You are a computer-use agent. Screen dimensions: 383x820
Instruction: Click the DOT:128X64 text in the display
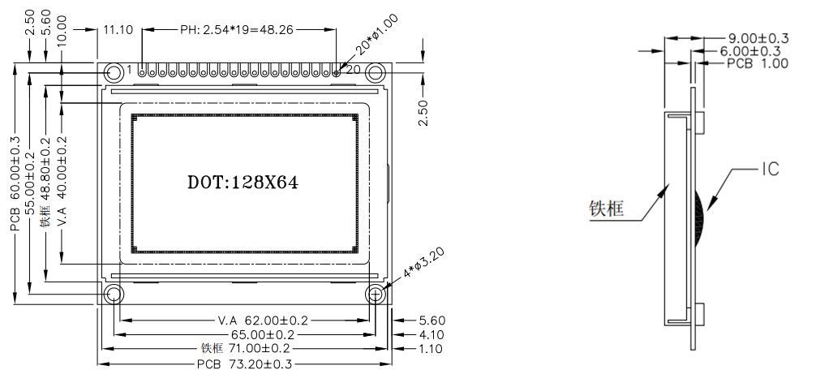pos(243,183)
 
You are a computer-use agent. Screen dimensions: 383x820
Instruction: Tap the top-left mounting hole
pos(114,72)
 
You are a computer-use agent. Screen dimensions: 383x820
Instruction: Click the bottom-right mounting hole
pos(376,294)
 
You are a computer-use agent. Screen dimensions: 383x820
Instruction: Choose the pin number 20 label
pos(353,71)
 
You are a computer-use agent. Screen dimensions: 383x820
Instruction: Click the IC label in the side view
pos(770,170)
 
